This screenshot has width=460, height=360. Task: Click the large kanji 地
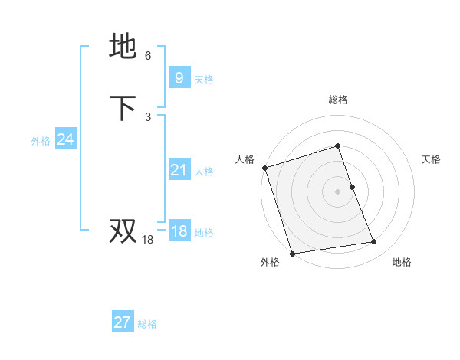[123, 47]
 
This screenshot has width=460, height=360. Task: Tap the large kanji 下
[123, 108]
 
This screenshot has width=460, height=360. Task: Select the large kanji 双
[123, 231]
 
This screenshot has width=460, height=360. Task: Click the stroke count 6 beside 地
[148, 56]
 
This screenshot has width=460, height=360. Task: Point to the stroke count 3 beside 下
[148, 117]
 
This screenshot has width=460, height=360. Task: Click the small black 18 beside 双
[148, 240]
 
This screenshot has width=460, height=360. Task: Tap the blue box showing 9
[179, 78]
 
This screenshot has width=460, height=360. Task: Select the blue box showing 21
[179, 170]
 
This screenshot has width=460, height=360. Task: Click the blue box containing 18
[179, 232]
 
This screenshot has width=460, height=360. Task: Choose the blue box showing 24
[65, 139]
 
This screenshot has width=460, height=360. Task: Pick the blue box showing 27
[122, 322]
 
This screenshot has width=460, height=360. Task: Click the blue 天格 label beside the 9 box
[204, 80]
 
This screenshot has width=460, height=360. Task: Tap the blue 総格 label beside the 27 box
[147, 324]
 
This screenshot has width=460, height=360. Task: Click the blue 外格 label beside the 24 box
[41, 141]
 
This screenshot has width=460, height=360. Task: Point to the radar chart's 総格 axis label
[338, 100]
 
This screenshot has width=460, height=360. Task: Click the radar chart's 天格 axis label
[432, 159]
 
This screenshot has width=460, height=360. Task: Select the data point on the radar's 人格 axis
[264, 168]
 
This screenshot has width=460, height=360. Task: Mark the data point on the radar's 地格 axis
[374, 242]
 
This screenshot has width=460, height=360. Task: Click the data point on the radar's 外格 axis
[292, 253]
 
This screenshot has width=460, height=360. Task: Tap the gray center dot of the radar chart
[338, 191]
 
